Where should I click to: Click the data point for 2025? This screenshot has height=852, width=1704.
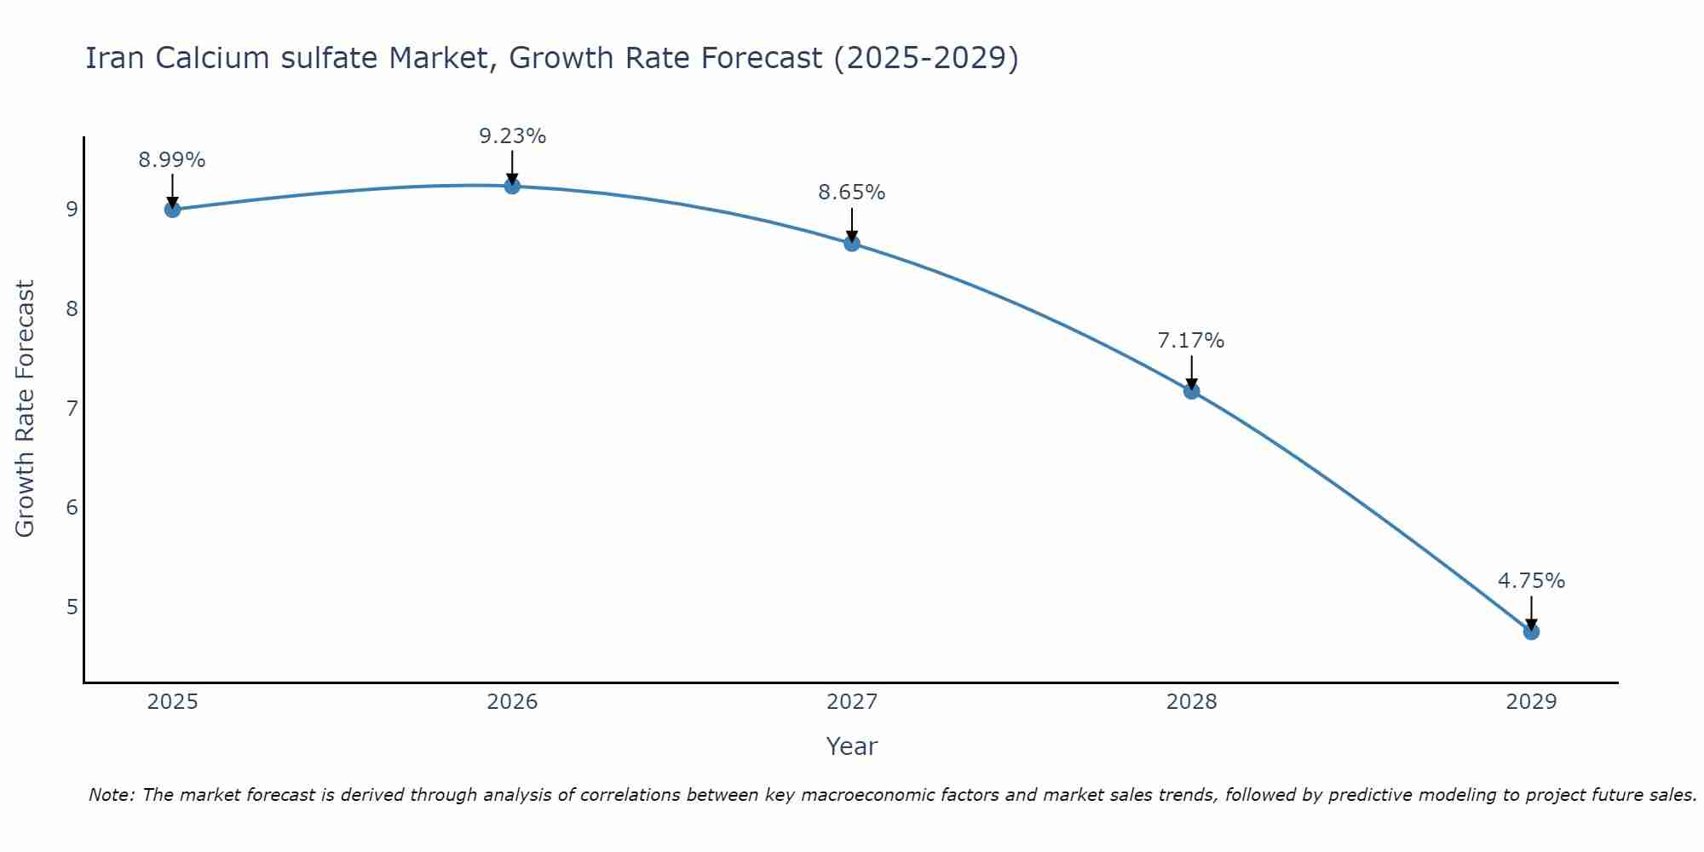click(172, 210)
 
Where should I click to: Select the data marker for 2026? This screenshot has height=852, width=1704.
click(512, 186)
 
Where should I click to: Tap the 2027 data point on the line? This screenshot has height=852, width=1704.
click(852, 244)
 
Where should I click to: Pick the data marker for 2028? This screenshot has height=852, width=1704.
click(1191, 391)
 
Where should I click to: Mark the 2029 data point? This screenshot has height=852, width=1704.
click(1531, 632)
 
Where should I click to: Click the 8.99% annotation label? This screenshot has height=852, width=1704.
click(172, 160)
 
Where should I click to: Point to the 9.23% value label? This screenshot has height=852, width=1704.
click(512, 136)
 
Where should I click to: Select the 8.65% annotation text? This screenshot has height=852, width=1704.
click(852, 193)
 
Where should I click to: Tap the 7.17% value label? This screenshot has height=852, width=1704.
click(1191, 341)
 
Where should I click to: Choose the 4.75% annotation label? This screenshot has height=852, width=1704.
click(1531, 581)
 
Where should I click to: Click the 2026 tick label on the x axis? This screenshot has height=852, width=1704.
click(512, 702)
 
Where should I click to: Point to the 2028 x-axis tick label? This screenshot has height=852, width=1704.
click(1191, 702)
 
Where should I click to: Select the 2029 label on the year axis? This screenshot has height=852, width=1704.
click(1531, 702)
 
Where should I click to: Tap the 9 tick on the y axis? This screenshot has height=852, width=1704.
click(72, 210)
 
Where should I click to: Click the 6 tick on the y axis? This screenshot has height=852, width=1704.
click(72, 508)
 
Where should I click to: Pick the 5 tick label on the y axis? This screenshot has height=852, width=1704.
click(72, 607)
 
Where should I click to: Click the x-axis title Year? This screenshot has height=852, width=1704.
click(852, 746)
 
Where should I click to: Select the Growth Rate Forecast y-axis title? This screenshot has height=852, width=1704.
click(26, 409)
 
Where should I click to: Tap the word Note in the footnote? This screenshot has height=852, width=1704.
click(111, 795)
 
